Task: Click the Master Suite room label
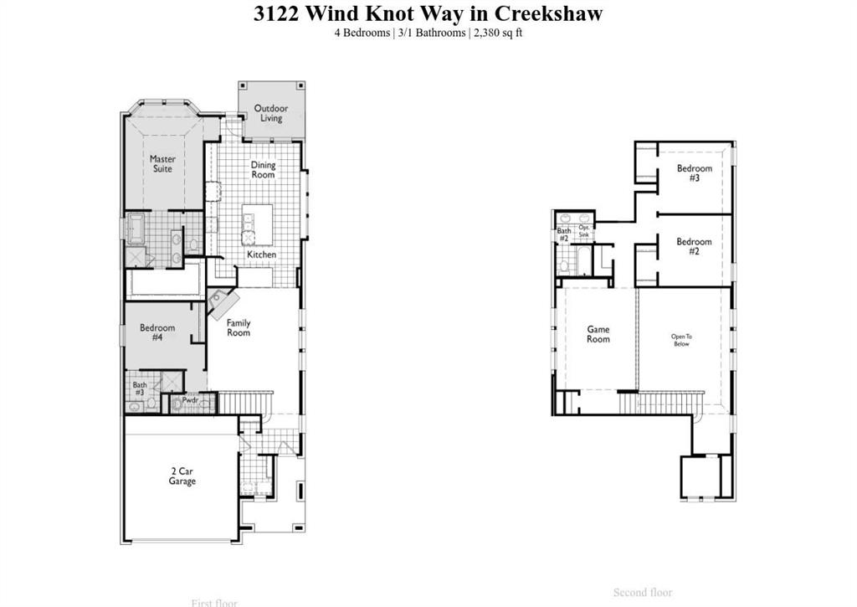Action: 162,164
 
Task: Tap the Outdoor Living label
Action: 271,113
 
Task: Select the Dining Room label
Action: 263,170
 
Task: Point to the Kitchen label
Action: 261,255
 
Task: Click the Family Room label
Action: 239,328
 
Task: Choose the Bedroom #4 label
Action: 157,332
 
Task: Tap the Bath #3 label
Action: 139,388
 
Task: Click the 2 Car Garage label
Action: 182,476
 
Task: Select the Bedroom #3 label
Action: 695,173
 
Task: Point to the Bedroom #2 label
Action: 695,247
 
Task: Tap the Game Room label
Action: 598,334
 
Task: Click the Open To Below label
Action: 682,340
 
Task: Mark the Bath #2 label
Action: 564,234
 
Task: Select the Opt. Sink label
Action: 584,232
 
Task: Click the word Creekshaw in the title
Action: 548,13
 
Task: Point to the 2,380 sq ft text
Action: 498,33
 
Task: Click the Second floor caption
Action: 643,593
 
